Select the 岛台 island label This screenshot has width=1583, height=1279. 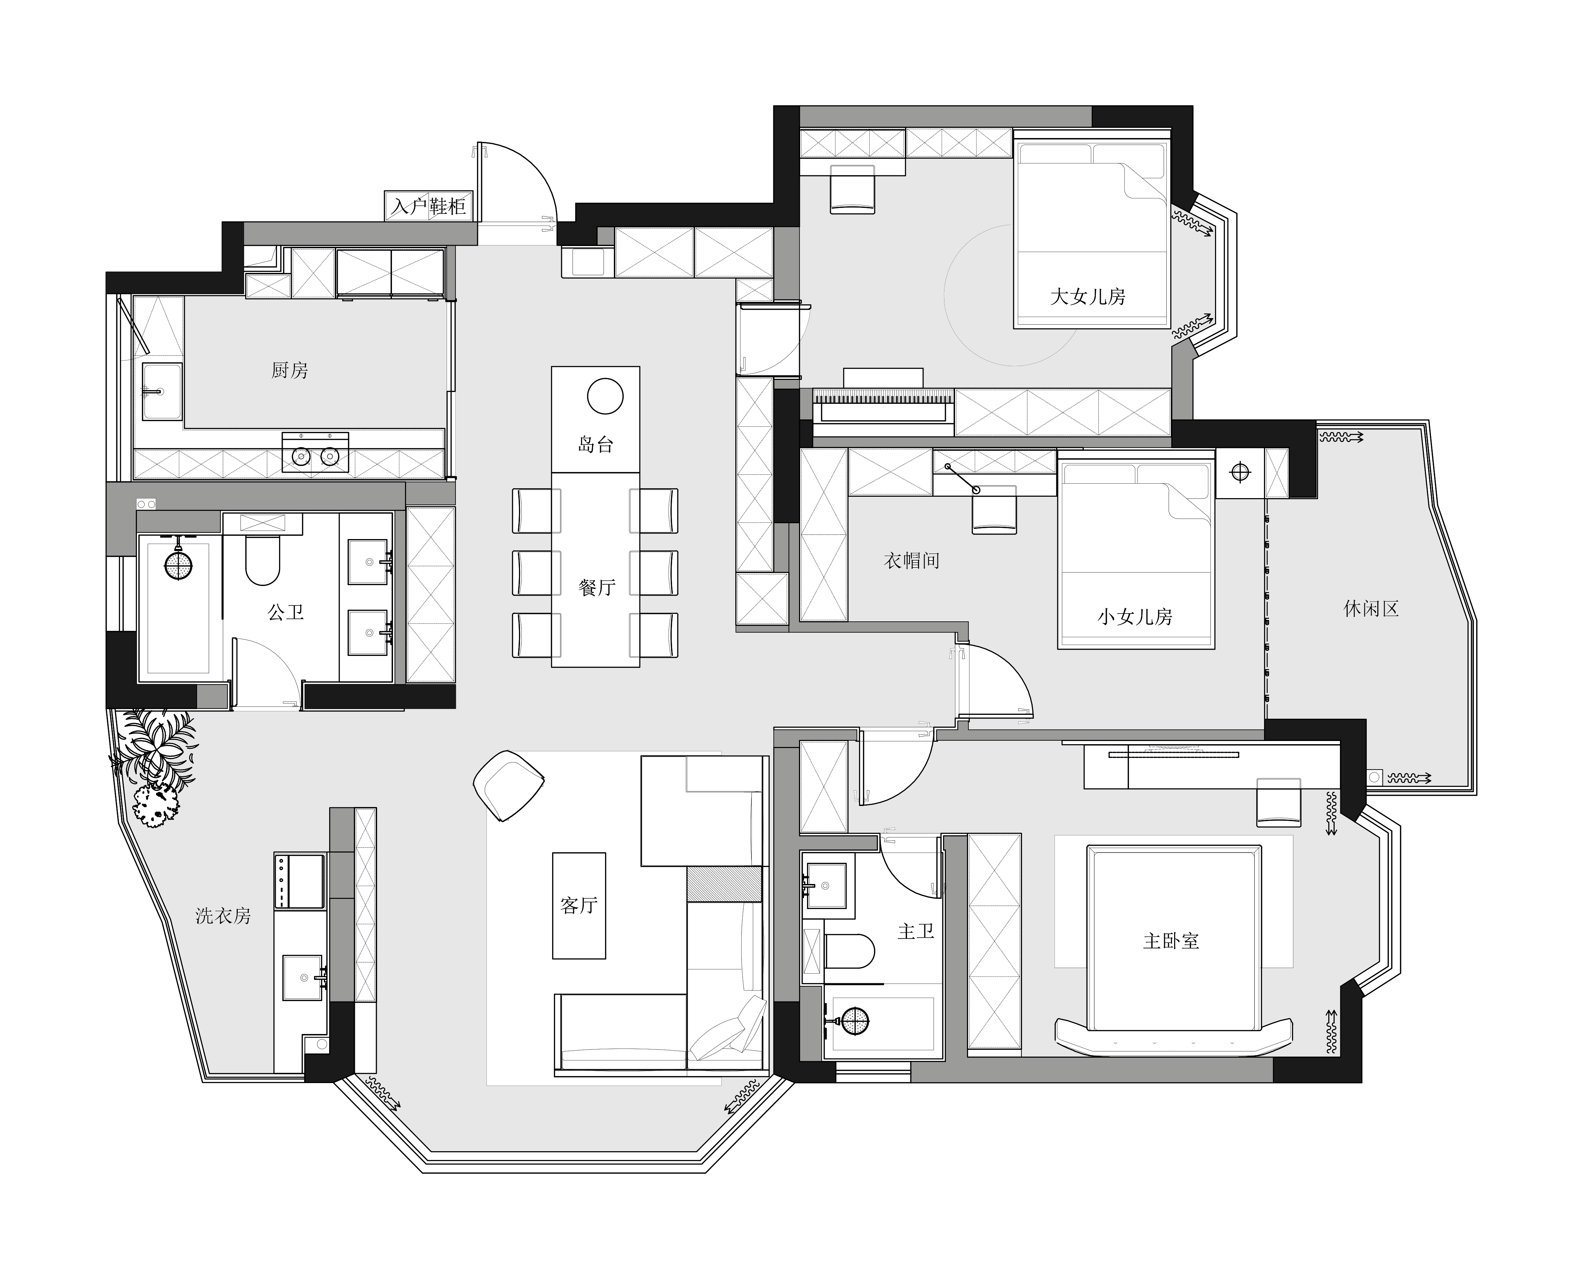[x=596, y=444]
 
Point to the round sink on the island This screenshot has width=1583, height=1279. [x=605, y=396]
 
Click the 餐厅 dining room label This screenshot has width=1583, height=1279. [x=596, y=587]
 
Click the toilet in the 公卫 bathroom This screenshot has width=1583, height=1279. [x=262, y=560]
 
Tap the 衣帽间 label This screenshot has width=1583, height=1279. [x=912, y=561]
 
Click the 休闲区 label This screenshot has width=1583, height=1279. [x=1371, y=609]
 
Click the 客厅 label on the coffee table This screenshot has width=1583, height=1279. [x=579, y=906]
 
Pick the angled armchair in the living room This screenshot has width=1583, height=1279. [x=508, y=785]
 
